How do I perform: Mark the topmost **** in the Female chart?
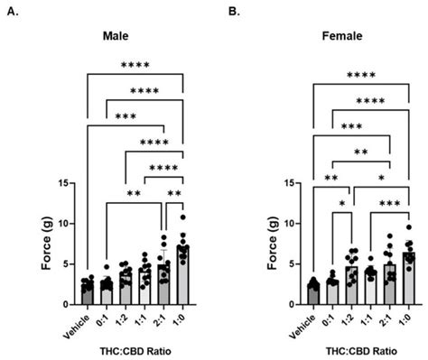tap(359, 75)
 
